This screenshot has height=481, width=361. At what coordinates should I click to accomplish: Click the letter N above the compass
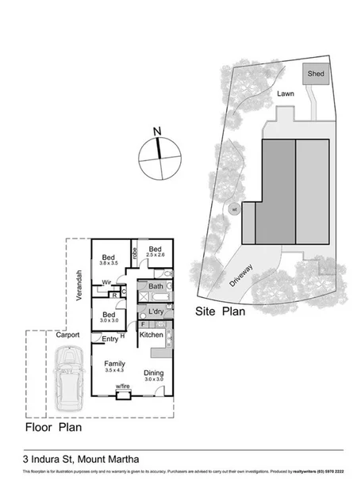pos(157,132)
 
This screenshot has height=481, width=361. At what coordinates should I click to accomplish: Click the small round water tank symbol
pos(233,210)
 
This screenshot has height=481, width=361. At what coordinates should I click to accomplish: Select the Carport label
pos(67,335)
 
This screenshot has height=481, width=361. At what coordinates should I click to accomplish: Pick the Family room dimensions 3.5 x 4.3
pos(115,370)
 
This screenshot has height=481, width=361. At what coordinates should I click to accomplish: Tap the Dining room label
pos(153,373)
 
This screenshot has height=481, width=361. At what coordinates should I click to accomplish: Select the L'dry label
pos(156,313)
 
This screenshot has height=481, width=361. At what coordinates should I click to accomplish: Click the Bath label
pos(156,286)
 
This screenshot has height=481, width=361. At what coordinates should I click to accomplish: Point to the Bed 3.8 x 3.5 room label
pos(109,259)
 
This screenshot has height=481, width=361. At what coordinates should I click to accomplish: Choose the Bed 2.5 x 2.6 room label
pos(156,250)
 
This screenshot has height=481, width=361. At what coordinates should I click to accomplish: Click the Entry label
pos(109,340)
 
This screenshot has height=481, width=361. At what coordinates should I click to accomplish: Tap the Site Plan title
pos(221,312)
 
